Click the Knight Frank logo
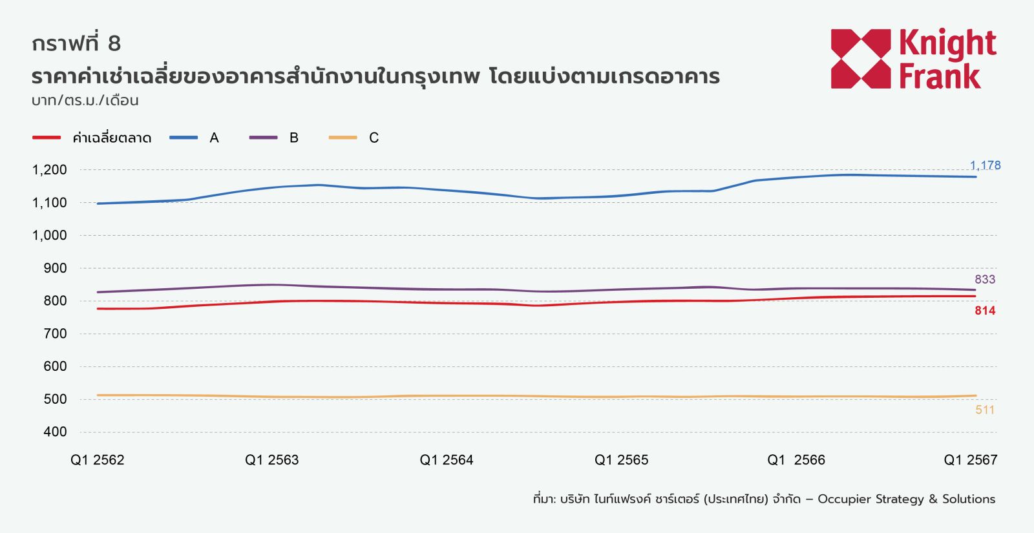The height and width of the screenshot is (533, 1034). point(913,59)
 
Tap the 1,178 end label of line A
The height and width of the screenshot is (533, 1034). point(985,165)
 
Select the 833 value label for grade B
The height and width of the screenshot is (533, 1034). point(985,279)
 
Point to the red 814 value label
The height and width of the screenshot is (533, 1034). point(985,311)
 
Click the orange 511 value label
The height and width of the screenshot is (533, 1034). point(985,410)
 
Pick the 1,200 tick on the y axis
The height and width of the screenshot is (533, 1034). point(50,170)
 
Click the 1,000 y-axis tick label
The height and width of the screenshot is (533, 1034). point(50,235)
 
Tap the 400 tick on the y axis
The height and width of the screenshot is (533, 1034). point(55,432)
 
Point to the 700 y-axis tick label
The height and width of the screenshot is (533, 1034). point(55,333)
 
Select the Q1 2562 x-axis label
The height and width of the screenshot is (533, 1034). point(98,460)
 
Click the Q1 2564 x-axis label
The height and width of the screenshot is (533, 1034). point(447,460)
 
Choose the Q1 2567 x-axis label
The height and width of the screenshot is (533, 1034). point(970,460)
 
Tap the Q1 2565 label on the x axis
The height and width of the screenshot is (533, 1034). point(621,460)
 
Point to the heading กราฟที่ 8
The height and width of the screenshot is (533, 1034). point(76,43)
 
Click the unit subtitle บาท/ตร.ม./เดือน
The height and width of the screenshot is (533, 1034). point(85,100)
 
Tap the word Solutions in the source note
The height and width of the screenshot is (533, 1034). point(968,499)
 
